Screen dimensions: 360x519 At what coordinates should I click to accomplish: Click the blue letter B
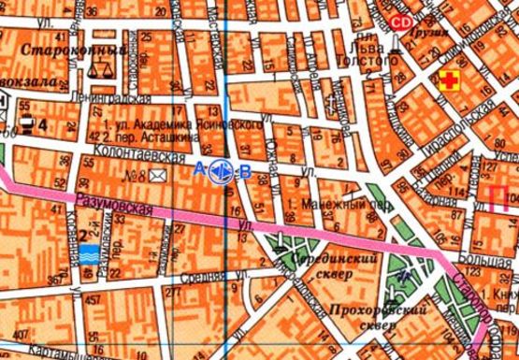pos(245,170)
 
